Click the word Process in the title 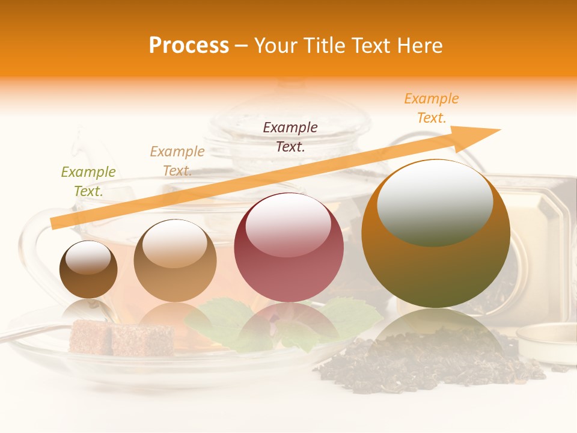[189, 46]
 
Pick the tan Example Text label [177, 161]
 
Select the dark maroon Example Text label [290, 137]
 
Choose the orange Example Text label [431, 108]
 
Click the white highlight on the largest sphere [435, 201]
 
